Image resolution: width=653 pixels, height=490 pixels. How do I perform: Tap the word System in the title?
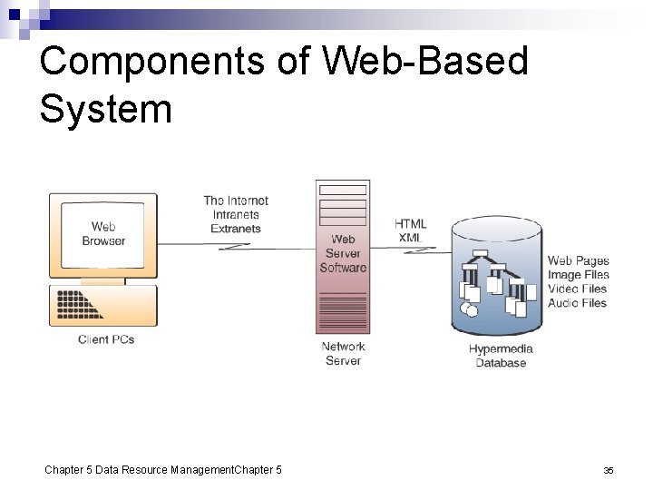pyautogui.click(x=106, y=108)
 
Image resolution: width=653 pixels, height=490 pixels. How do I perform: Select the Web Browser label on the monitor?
pyautogui.click(x=103, y=233)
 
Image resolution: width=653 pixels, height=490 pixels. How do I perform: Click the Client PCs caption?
pyautogui.click(x=106, y=339)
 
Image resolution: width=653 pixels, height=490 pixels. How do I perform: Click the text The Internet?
pyautogui.click(x=236, y=201)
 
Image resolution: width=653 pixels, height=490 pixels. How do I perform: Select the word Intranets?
pyautogui.click(x=236, y=215)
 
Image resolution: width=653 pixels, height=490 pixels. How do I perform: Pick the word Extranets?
pyautogui.click(x=236, y=229)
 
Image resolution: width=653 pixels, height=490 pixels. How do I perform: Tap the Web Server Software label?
pyautogui.click(x=343, y=253)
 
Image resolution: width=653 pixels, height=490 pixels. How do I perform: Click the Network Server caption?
pyautogui.click(x=343, y=353)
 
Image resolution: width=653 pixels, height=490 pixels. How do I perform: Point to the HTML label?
pyautogui.click(x=410, y=224)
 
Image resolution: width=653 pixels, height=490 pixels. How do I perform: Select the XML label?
pyautogui.click(x=409, y=238)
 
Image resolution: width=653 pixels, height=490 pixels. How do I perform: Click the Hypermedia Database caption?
pyautogui.click(x=501, y=356)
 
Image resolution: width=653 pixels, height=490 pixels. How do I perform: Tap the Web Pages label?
pyautogui.click(x=579, y=261)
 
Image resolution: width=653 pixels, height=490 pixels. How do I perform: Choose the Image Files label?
pyautogui.click(x=579, y=275)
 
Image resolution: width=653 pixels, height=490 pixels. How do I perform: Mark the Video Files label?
pyautogui.click(x=578, y=289)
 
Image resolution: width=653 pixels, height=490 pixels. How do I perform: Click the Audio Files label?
pyautogui.click(x=578, y=302)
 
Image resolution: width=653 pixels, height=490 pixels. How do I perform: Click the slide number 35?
pyautogui.click(x=609, y=470)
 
